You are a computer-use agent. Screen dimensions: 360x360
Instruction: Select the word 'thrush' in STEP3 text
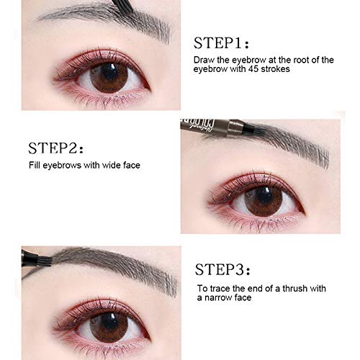(x=291, y=289)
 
